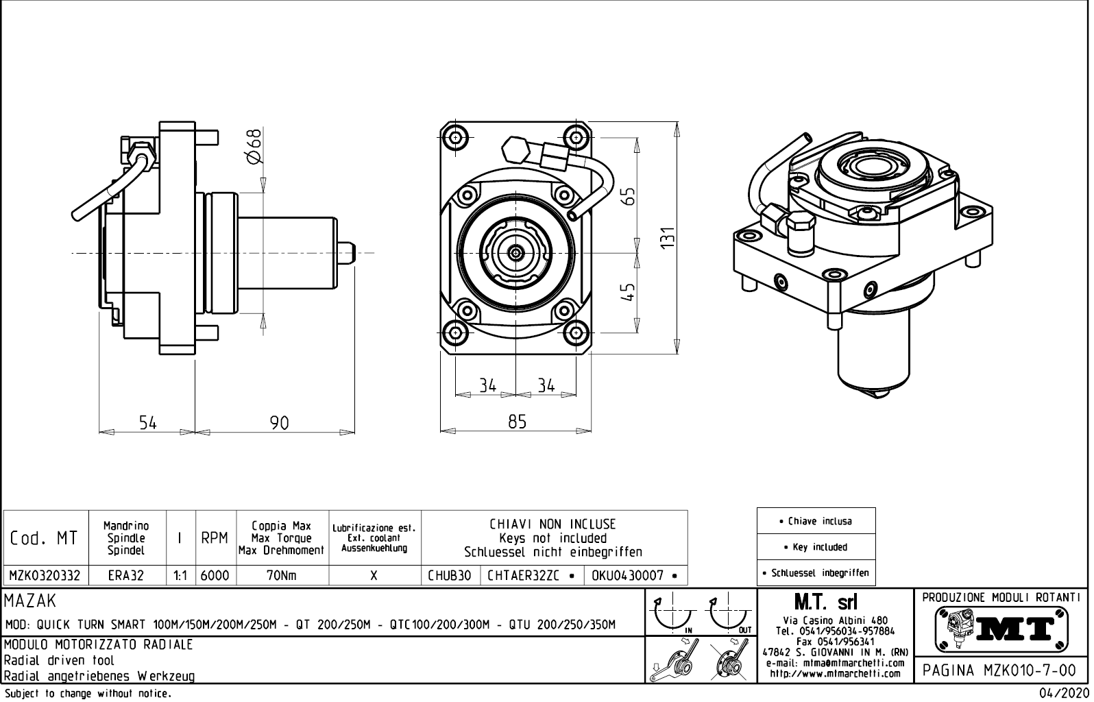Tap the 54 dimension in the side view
[x=148, y=423]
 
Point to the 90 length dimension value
[x=279, y=423]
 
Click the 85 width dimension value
[x=518, y=422]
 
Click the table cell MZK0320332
[x=45, y=576]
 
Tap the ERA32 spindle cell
[x=127, y=576]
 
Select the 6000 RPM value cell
[x=215, y=576]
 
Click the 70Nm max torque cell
[x=282, y=576]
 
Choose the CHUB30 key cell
[x=450, y=576]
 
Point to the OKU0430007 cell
[x=634, y=576]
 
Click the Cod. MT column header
[x=45, y=538]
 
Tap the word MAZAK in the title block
[x=31, y=601]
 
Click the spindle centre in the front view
[x=515, y=254]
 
